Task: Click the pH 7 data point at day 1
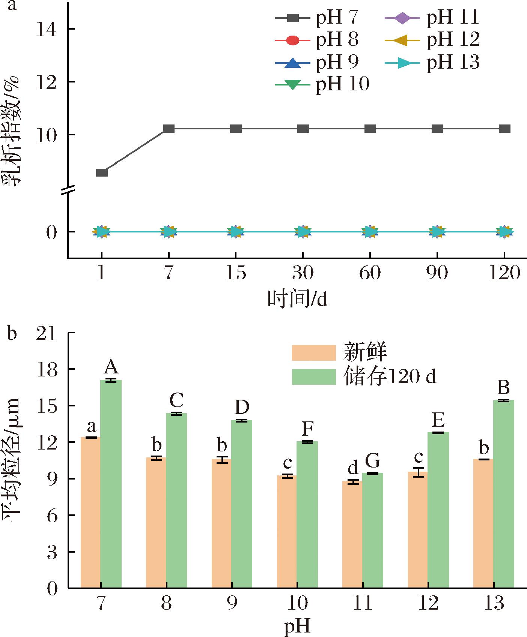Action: click(x=102, y=172)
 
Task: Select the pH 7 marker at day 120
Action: click(x=504, y=129)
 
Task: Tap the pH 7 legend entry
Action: click(x=317, y=18)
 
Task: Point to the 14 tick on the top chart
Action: click(x=47, y=30)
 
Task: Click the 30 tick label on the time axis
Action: click(x=303, y=273)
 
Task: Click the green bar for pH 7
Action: click(x=111, y=484)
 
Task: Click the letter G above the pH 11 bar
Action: click(x=373, y=461)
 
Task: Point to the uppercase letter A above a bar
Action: click(x=111, y=367)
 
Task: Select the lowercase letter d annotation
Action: click(x=353, y=468)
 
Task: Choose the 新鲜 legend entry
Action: click(x=340, y=352)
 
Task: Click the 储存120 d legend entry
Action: click(x=364, y=376)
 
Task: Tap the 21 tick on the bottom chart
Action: click(x=47, y=333)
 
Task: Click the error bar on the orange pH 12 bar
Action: click(x=418, y=472)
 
